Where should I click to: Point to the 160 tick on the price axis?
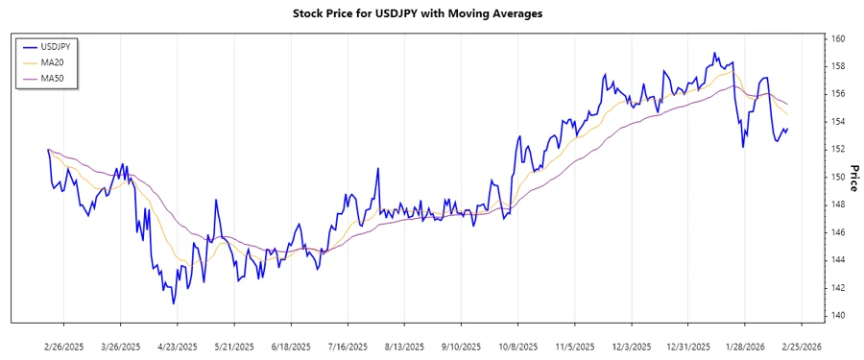(x=838, y=38)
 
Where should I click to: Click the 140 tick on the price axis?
(x=838, y=315)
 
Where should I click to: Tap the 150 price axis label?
(x=838, y=177)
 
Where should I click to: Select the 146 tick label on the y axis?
(x=838, y=232)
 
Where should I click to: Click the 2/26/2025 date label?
(x=64, y=346)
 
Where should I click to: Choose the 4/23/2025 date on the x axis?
(x=177, y=346)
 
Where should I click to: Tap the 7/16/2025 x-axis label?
(x=347, y=346)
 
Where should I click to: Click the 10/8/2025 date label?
(x=516, y=346)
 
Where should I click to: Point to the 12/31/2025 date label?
(x=687, y=346)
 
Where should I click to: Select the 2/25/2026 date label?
(x=799, y=346)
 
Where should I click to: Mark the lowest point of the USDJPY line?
(x=174, y=304)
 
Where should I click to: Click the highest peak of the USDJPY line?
(x=714, y=53)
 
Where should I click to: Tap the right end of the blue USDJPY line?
(x=788, y=129)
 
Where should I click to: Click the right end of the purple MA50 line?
(x=788, y=105)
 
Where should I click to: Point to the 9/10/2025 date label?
(x=460, y=346)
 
